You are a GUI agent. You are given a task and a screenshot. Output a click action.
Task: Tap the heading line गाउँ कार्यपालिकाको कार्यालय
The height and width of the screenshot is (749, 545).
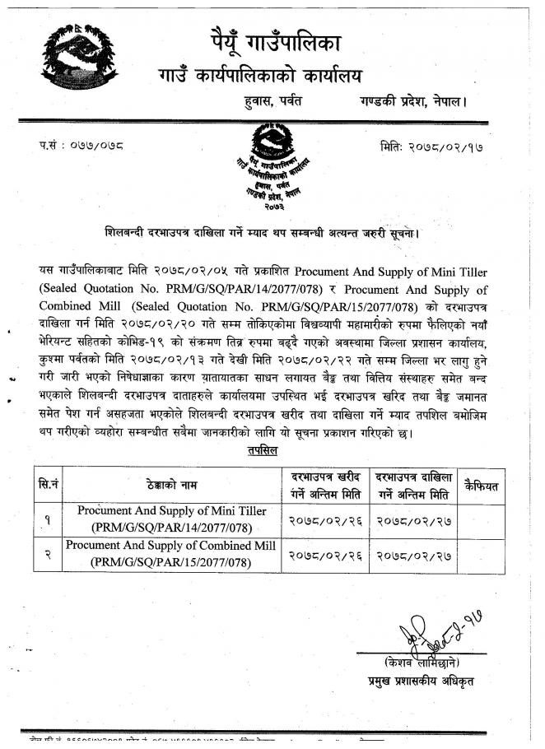click(x=260, y=77)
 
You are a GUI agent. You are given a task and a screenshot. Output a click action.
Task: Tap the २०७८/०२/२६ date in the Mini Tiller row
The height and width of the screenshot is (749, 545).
click(x=327, y=519)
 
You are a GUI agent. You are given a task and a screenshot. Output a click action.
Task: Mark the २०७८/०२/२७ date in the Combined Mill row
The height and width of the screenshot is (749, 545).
click(x=414, y=555)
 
